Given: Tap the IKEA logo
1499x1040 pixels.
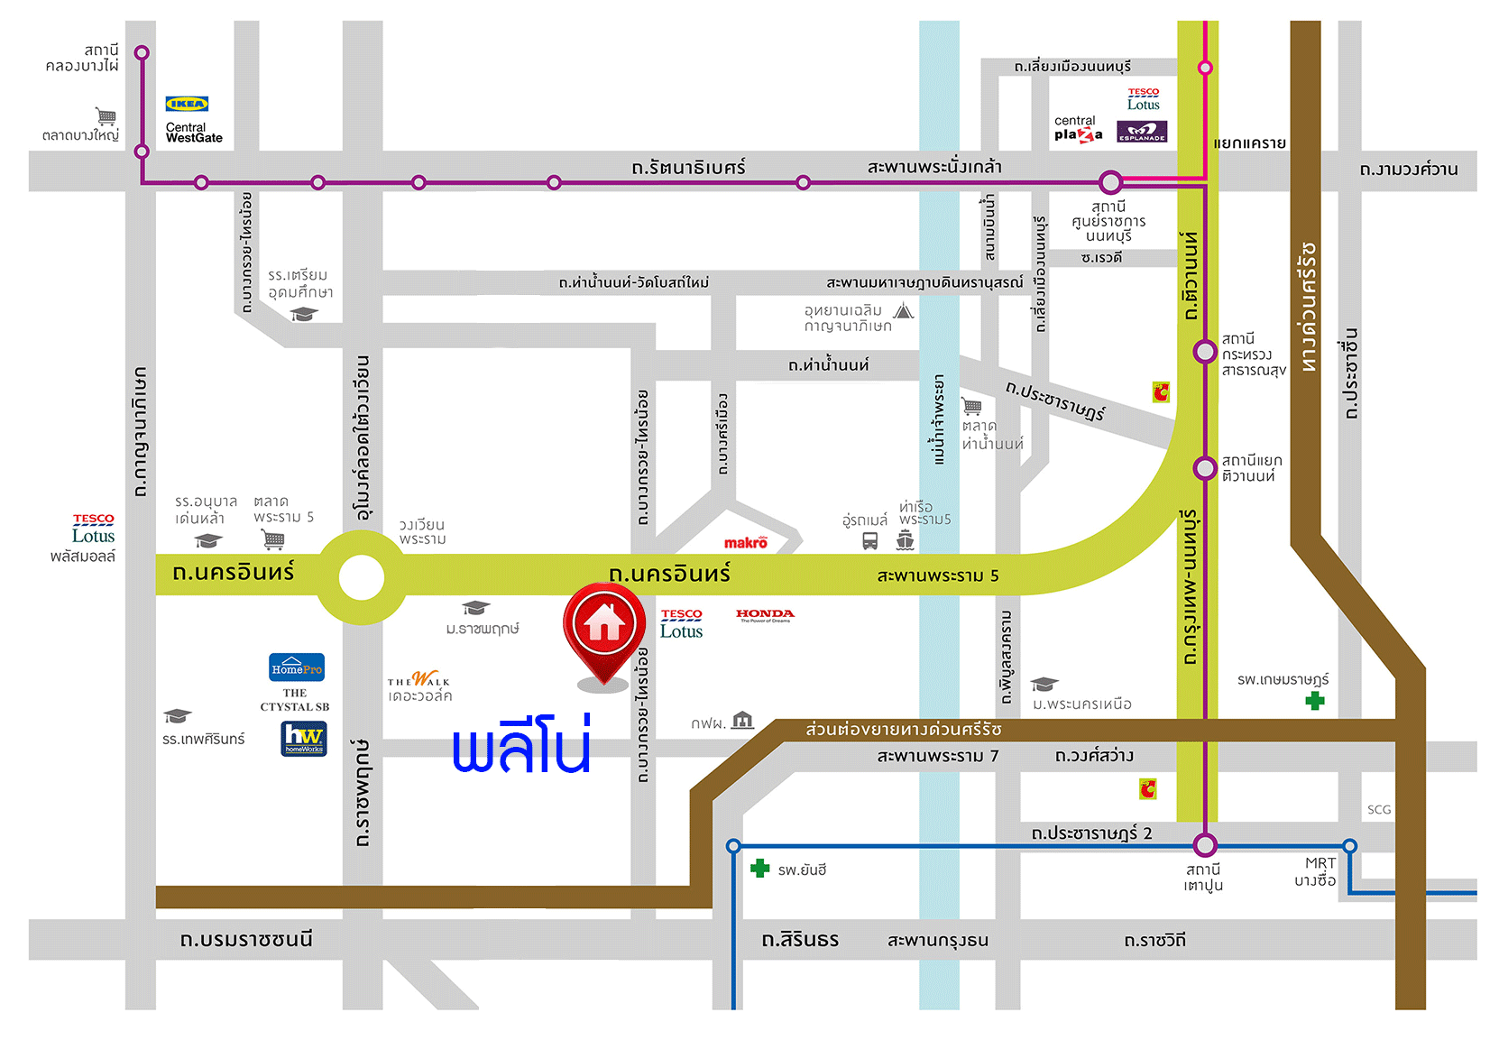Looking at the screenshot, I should [x=187, y=104].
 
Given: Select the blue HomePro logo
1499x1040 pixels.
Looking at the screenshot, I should [x=297, y=667].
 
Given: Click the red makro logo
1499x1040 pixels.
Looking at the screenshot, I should [x=746, y=542].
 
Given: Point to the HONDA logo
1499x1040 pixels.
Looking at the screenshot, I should [x=765, y=615].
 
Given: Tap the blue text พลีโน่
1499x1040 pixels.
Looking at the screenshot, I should [x=521, y=746].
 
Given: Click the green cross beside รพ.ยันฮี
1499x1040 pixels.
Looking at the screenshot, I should [x=760, y=869].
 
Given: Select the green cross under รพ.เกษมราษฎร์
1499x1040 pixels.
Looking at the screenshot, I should [x=1315, y=701].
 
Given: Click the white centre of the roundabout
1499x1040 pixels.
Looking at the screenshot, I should [x=362, y=578].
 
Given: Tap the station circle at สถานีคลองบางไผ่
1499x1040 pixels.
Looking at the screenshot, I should [x=142, y=53].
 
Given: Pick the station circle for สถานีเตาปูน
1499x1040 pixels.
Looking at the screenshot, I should [x=1205, y=845].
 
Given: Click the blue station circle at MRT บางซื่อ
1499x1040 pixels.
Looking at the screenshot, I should [x=1349, y=846].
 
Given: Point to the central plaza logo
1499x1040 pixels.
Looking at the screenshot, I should [x=1078, y=128].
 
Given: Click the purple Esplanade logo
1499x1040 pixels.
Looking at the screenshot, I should [x=1142, y=132].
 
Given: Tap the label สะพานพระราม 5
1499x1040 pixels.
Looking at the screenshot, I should [x=937, y=575].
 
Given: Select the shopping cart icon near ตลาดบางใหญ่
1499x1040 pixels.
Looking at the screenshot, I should [x=106, y=115].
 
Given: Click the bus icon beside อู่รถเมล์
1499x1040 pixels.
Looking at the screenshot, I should [x=869, y=540].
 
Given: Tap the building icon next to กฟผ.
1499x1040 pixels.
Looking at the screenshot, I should [x=742, y=720].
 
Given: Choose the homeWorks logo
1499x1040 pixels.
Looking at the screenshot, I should [x=304, y=739].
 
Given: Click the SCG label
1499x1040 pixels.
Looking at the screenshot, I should [x=1378, y=810].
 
